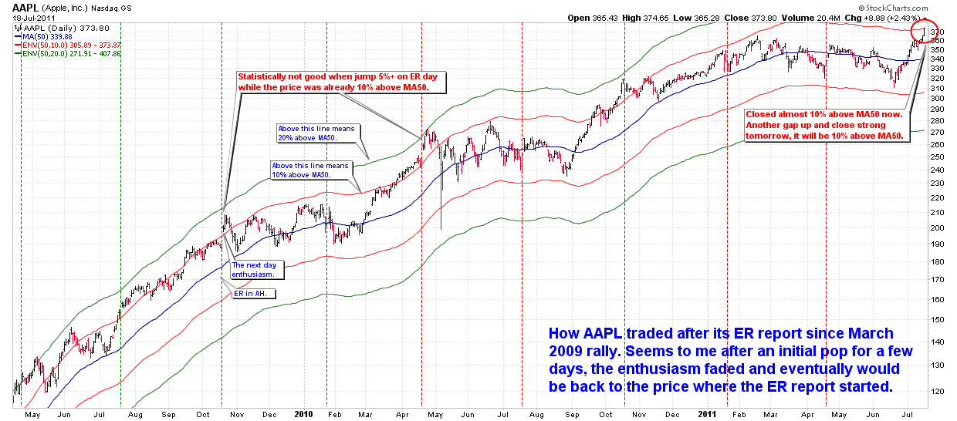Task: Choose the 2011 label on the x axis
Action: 708,414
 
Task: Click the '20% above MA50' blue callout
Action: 316,133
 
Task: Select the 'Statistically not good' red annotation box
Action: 343,82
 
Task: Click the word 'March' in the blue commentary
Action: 867,334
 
